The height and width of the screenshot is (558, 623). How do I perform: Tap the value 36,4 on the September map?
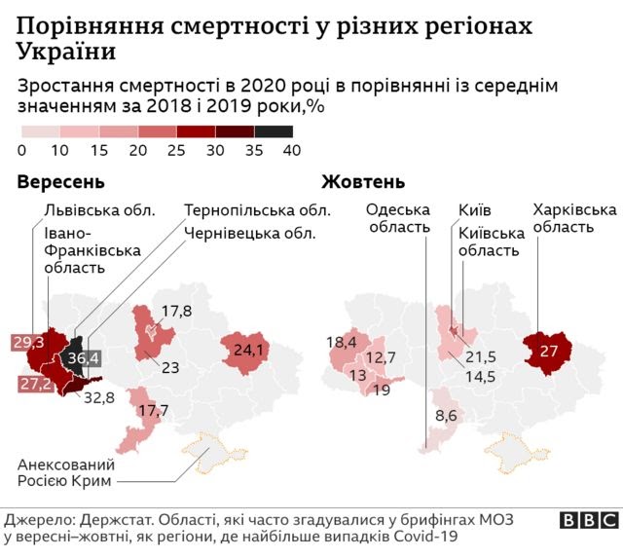[80, 359]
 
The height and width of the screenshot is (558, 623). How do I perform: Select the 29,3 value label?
[27, 342]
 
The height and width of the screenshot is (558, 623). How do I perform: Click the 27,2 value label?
[27, 385]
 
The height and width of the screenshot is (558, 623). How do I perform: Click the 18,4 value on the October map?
[342, 342]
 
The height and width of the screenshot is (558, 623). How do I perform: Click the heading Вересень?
[60, 182]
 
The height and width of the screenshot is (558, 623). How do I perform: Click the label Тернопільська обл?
[257, 209]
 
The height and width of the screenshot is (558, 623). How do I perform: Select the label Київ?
[474, 209]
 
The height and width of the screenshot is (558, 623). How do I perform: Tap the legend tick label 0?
[21, 150]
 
